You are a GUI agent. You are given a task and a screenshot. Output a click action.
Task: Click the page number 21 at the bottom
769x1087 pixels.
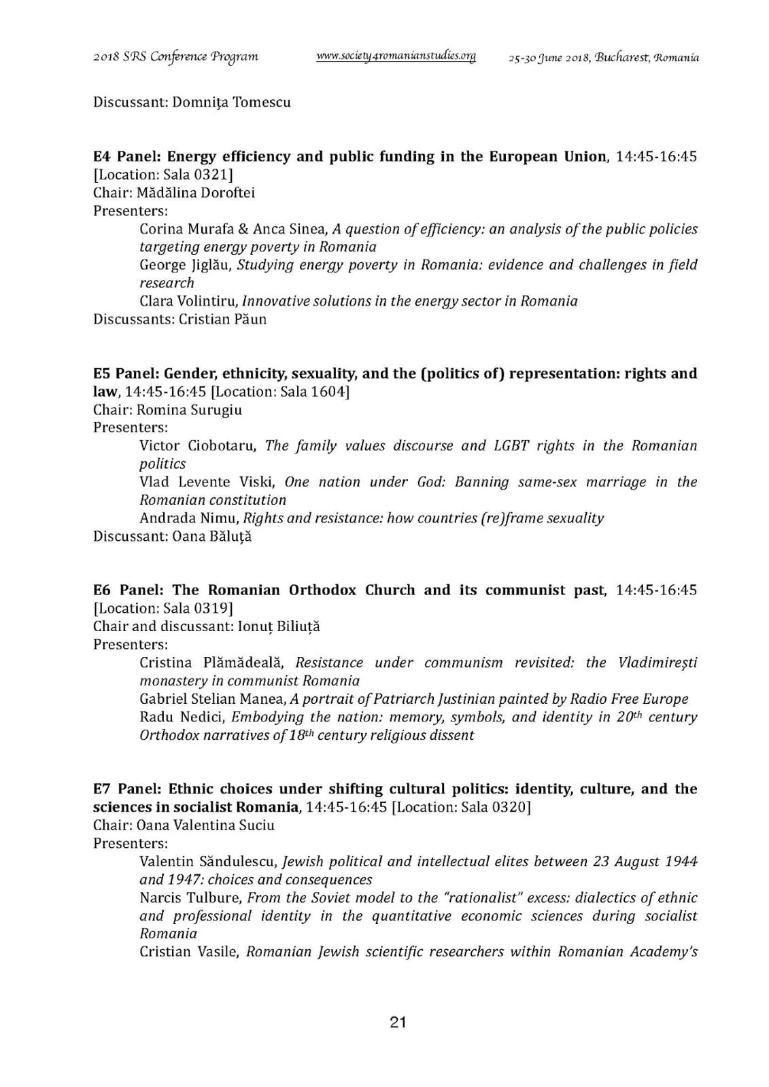click(x=398, y=1022)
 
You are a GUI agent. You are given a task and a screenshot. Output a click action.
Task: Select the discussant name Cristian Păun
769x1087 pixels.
click(x=222, y=319)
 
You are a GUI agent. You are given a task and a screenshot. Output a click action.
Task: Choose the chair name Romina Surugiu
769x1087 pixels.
click(x=189, y=410)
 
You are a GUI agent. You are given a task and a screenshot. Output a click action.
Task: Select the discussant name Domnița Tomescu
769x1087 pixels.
click(x=231, y=103)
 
